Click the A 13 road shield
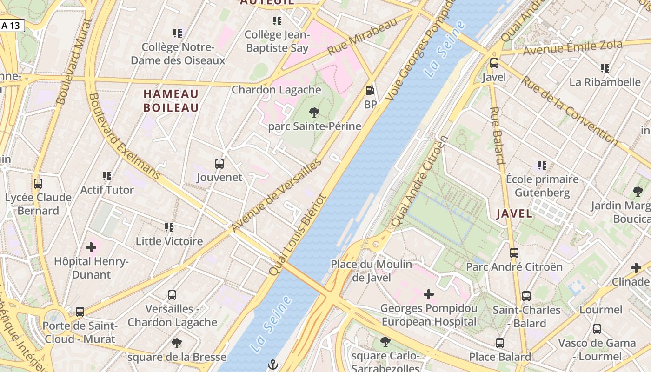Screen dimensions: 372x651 tap(11, 26)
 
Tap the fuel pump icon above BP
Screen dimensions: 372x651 tap(370, 91)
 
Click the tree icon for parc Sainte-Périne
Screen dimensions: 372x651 tap(314, 112)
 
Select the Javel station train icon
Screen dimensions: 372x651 tap(494, 63)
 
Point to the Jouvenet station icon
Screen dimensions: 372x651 tap(219, 164)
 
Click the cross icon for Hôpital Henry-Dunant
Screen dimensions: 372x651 tap(91, 247)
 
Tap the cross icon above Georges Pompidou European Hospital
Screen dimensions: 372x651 tap(429, 294)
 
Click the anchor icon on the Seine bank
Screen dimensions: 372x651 tap(273, 364)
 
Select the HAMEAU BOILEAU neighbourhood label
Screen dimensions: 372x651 tap(171, 101)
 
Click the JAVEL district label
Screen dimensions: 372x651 tap(514, 214)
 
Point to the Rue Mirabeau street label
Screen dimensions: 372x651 tap(363, 37)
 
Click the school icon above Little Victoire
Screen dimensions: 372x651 tap(169, 227)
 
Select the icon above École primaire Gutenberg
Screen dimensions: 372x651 tap(542, 165)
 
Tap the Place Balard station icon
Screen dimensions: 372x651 tap(500, 343)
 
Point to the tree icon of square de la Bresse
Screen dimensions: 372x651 tap(176, 343)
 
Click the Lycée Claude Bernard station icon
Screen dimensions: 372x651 tap(38, 184)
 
